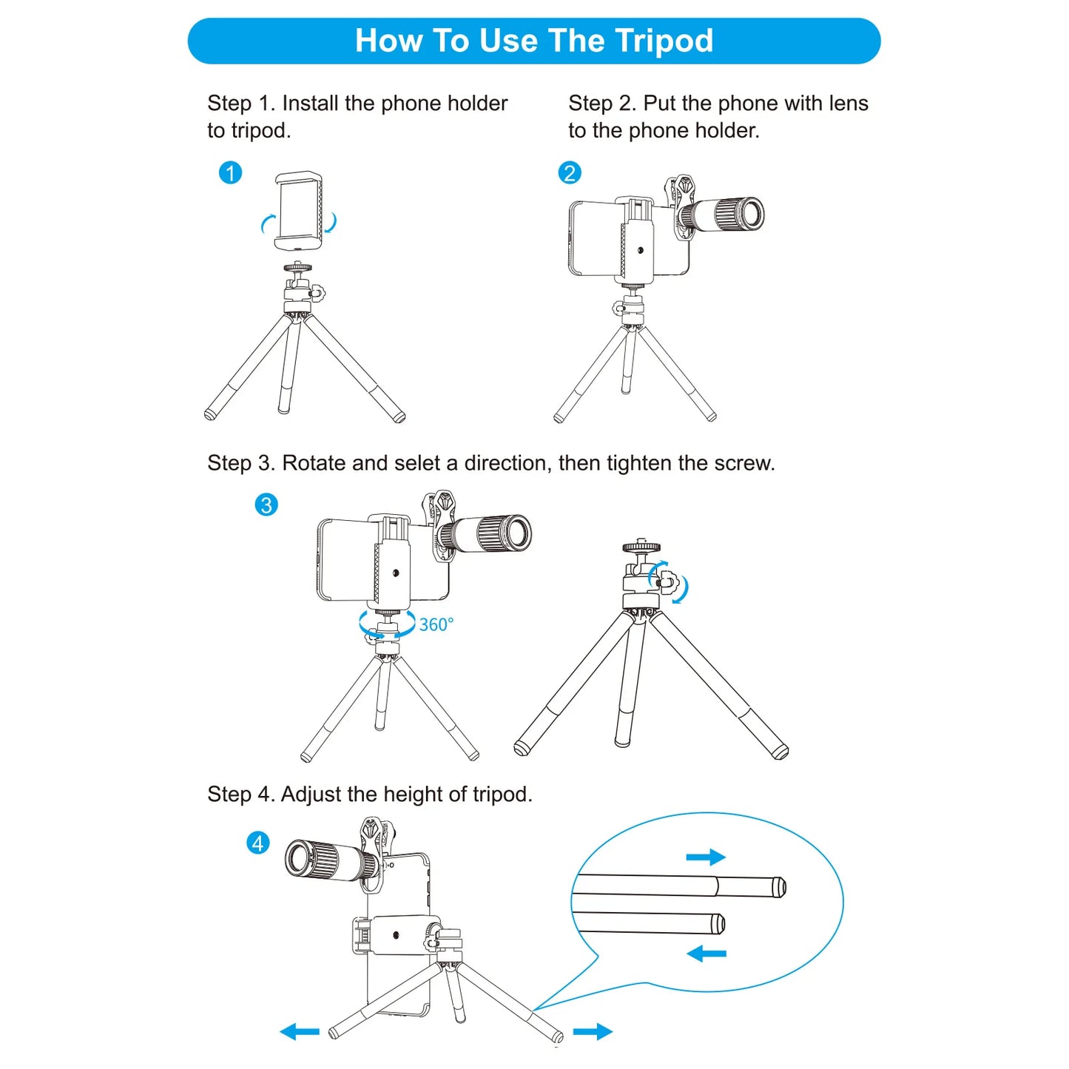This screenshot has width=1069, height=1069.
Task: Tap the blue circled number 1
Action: click(x=230, y=173)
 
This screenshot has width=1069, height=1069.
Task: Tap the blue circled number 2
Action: click(x=569, y=173)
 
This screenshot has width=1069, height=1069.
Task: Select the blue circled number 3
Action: click(x=266, y=505)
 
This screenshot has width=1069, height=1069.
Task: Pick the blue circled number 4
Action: click(x=257, y=843)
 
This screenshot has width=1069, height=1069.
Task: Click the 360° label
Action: click(x=436, y=625)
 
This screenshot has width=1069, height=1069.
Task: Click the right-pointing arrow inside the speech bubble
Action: click(x=706, y=857)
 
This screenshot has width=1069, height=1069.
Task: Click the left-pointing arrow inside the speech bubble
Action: click(x=707, y=954)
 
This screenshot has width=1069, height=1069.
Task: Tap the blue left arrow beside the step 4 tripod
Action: click(x=300, y=1031)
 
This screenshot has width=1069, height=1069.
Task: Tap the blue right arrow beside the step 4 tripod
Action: click(x=593, y=1031)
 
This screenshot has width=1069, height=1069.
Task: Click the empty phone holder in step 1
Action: click(x=299, y=211)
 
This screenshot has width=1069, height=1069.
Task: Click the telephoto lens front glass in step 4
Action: click(x=299, y=859)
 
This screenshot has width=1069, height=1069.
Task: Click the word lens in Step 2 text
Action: click(x=849, y=104)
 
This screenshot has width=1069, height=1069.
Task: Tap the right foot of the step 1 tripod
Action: click(x=399, y=417)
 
